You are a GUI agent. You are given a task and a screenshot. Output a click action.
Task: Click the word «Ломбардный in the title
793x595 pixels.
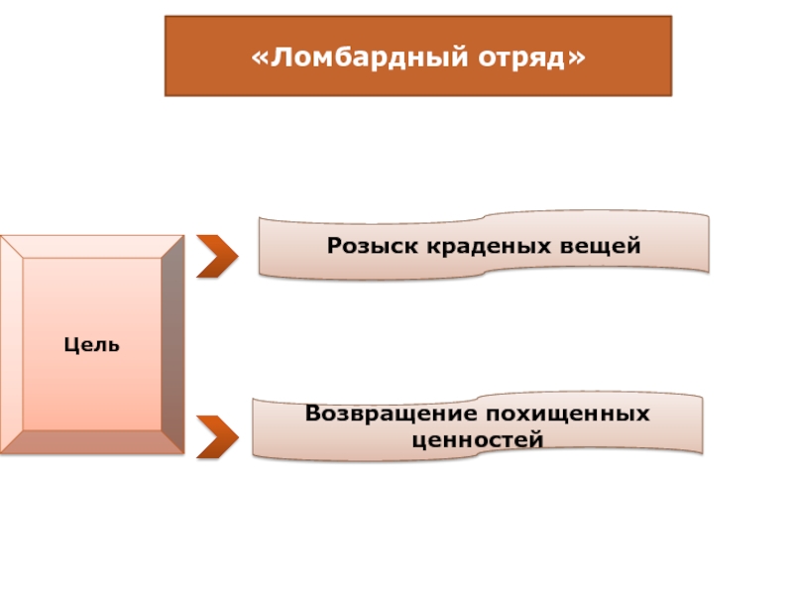[360, 57]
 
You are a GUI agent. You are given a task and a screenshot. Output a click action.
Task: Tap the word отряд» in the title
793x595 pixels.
[532, 58]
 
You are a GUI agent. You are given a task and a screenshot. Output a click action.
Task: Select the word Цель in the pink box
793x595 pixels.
[91, 345]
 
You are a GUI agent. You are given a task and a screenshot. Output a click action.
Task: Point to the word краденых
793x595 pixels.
[489, 246]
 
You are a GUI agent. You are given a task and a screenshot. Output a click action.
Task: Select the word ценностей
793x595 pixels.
[478, 439]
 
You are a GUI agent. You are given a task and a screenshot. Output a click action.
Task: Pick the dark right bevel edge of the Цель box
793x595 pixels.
[172, 344]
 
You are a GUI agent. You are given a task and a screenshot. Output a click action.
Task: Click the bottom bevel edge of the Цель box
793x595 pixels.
[92, 442]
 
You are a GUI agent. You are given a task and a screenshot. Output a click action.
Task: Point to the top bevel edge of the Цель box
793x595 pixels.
[92, 247]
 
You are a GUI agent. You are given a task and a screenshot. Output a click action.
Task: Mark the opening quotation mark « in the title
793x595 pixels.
[260, 59]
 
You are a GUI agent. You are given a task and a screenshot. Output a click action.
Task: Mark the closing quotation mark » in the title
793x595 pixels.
[577, 59]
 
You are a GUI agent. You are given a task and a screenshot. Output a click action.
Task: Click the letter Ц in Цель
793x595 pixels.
[71, 345]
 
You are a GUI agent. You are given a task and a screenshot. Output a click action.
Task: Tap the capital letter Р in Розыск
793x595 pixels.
[336, 246]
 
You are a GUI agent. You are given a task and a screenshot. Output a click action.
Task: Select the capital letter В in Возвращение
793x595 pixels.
[314, 414]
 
